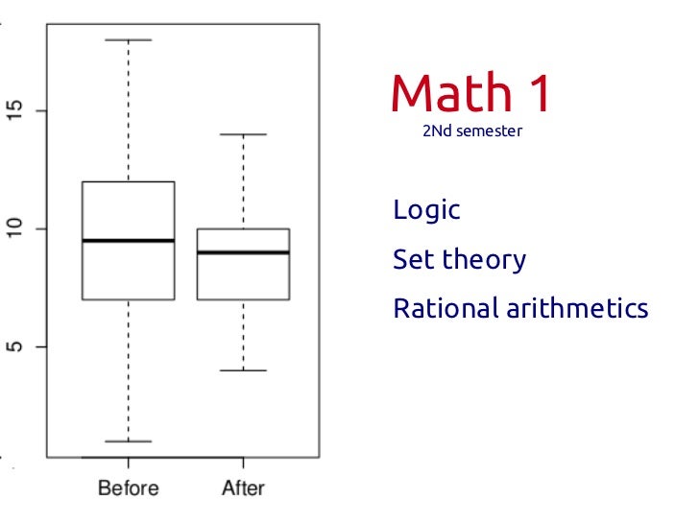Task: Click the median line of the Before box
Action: click(128, 241)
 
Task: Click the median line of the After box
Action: click(243, 252)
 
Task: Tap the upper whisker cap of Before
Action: click(128, 40)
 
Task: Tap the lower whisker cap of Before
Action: click(128, 441)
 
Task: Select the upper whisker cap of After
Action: click(243, 134)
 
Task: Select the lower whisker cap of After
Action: click(243, 370)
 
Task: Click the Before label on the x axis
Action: click(128, 488)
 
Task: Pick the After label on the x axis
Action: click(243, 488)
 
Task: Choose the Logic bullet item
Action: click(426, 210)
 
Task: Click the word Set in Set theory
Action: click(412, 259)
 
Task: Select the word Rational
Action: click(446, 309)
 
